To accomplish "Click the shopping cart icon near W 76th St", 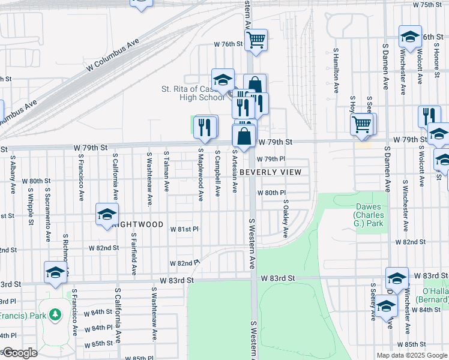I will click(256, 40).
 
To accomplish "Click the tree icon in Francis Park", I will click(55, 314).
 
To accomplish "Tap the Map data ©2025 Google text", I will click(412, 355).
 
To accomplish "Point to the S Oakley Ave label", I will click(286, 218).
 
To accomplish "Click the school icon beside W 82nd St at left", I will click(55, 272).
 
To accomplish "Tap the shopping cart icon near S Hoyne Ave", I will click(362, 124).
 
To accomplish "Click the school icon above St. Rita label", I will click(222, 79).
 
